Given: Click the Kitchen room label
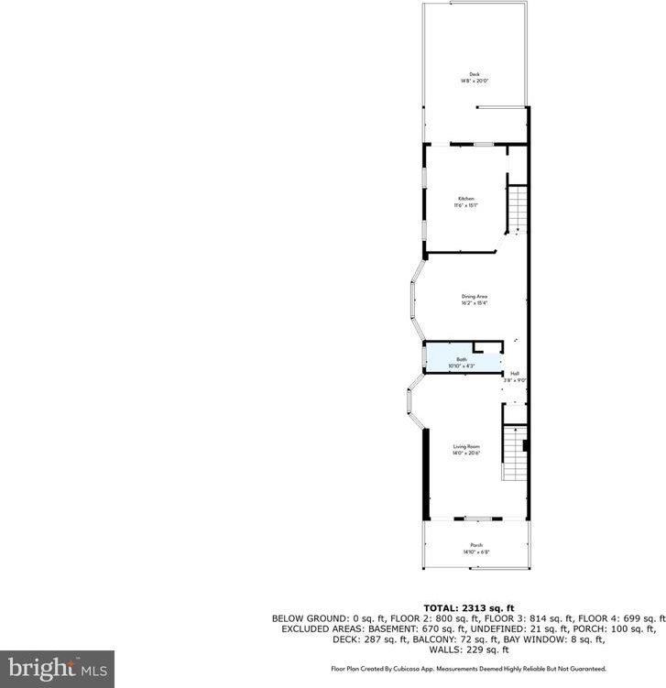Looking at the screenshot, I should click(x=466, y=199).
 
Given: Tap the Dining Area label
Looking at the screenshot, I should click(x=474, y=296).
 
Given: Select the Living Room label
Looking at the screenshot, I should click(x=466, y=446).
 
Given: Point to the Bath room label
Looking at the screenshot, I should click(x=462, y=360).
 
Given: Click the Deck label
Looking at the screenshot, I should click(x=474, y=75).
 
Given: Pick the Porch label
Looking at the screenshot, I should click(x=476, y=545).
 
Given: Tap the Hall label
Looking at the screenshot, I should click(x=515, y=374).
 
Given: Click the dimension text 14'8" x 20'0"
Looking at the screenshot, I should click(x=474, y=82).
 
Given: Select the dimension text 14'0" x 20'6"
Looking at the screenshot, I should click(x=466, y=453).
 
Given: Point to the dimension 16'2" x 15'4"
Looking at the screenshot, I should click(x=474, y=303).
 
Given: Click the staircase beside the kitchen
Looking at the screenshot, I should click(x=519, y=209).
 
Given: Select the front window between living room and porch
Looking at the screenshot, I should click(x=477, y=519).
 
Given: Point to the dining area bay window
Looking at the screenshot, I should click(x=414, y=299).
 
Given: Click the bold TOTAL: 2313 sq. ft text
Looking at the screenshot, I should click(x=468, y=607).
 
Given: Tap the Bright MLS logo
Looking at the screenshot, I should click(x=57, y=668).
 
